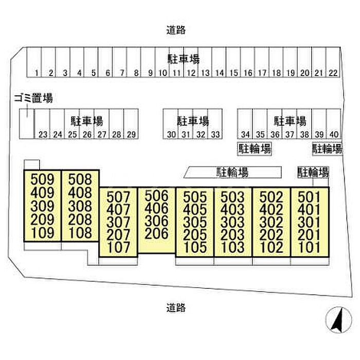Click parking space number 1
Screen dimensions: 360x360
[x=37, y=73]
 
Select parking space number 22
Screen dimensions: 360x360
[x=333, y=73]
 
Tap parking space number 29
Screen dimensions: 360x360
[x=131, y=135]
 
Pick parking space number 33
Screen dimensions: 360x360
[x=215, y=135]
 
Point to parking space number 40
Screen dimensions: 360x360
[x=334, y=135]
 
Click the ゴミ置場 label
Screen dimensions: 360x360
[x=34, y=98]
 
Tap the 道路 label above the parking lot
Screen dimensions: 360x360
[x=176, y=30]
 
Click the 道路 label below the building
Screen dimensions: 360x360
[x=176, y=308]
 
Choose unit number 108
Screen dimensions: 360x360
[x=80, y=232]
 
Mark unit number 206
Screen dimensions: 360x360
[x=157, y=233]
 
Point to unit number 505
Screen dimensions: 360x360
[x=195, y=197]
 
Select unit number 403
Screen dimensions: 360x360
[x=233, y=210]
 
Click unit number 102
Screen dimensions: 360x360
[x=271, y=246]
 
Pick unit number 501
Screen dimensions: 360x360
[x=309, y=197]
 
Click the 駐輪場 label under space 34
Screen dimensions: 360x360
[x=255, y=149]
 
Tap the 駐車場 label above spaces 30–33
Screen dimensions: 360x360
[x=193, y=121]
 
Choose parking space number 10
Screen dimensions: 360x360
[x=162, y=73]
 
